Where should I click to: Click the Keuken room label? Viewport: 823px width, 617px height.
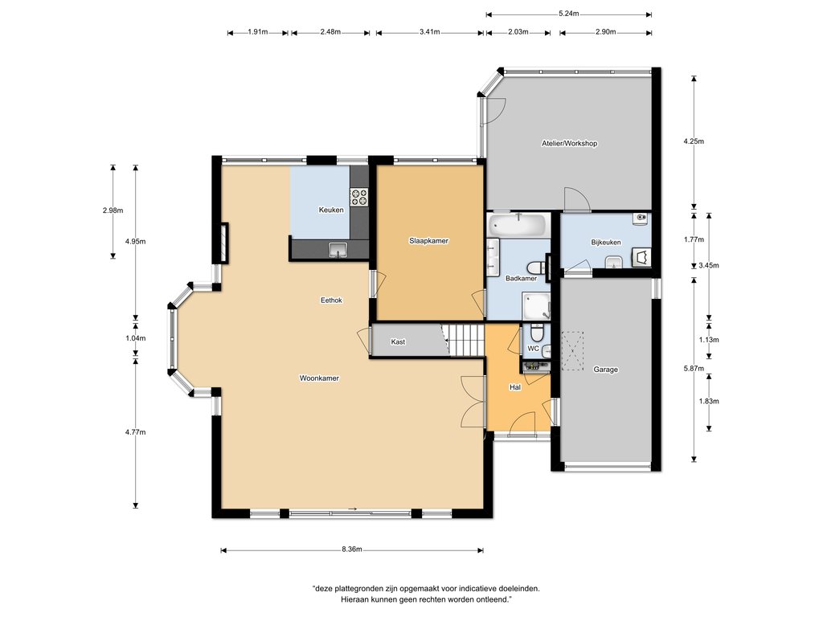pyautogui.click(x=331, y=210)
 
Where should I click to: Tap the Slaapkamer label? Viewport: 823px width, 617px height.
pyautogui.click(x=429, y=241)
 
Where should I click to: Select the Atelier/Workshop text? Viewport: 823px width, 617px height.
pyautogui.click(x=570, y=143)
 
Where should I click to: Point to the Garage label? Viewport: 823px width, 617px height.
pyautogui.click(x=606, y=370)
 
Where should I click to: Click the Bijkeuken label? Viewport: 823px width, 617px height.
pyautogui.click(x=606, y=243)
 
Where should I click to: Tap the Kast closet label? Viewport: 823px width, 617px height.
pyautogui.click(x=398, y=342)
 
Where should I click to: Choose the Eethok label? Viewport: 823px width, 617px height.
pyautogui.click(x=331, y=300)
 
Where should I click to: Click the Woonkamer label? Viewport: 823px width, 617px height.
pyautogui.click(x=319, y=378)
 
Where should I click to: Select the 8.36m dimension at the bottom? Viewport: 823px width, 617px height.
pyautogui.click(x=352, y=550)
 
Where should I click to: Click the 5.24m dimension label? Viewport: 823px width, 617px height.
pyautogui.click(x=569, y=14)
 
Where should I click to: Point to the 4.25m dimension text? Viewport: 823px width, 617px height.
pyautogui.click(x=694, y=141)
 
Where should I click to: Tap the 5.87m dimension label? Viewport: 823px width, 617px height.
pyautogui.click(x=694, y=368)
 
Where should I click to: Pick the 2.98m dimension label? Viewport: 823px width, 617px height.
pyautogui.click(x=113, y=210)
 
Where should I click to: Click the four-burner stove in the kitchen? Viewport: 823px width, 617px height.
pyautogui.click(x=359, y=197)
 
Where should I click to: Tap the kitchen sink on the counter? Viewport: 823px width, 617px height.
pyautogui.click(x=338, y=250)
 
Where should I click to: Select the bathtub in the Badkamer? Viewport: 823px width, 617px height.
pyautogui.click(x=518, y=225)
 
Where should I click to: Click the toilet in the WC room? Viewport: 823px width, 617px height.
pyautogui.click(x=536, y=332)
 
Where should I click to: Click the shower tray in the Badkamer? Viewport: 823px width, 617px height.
pyautogui.click(x=536, y=306)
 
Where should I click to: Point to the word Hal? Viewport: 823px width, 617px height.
pyautogui.click(x=515, y=387)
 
